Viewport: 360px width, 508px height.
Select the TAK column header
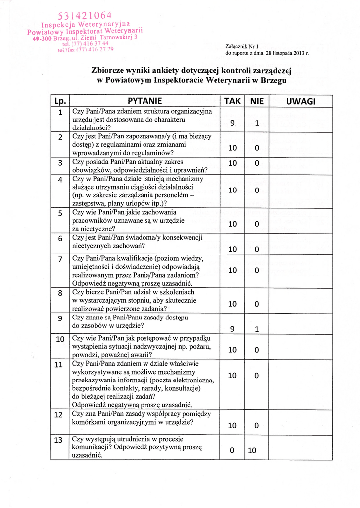click(x=232, y=101)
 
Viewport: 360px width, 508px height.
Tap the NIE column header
click(x=257, y=101)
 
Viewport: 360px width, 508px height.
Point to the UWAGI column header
click(x=301, y=101)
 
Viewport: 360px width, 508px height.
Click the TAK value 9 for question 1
click(x=232, y=124)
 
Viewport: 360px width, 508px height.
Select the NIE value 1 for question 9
click(x=257, y=329)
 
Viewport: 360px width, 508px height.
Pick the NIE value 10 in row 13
click(x=252, y=451)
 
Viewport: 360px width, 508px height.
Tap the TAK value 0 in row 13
click(x=232, y=451)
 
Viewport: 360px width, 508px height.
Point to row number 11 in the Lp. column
click(x=59, y=365)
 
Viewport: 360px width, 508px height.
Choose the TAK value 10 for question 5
click(x=232, y=224)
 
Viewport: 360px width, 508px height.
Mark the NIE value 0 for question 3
click(x=257, y=164)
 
